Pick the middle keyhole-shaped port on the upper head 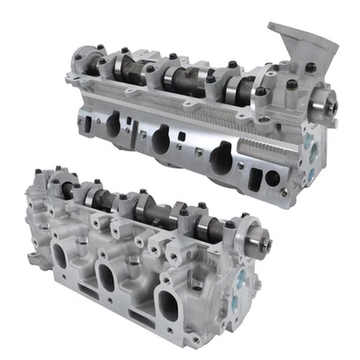(x=161, y=140)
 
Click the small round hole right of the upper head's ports (x=272, y=178)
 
